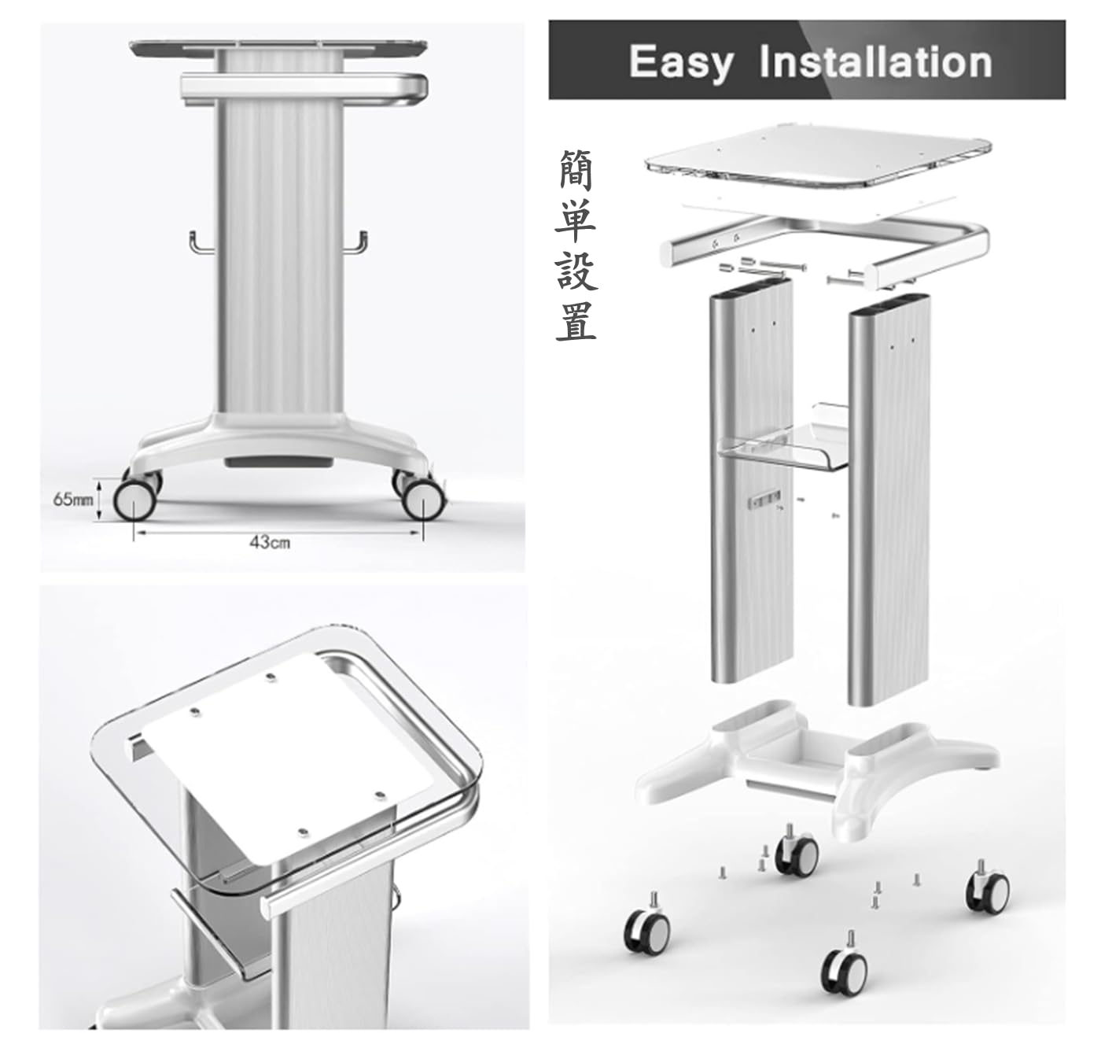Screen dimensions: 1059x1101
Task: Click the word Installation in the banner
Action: pos(875,62)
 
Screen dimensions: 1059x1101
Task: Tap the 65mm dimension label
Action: pos(72,500)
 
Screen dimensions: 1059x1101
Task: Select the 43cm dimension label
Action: pos(270,542)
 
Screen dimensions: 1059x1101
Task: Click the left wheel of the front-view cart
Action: pos(134,500)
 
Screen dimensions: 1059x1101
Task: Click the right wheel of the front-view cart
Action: pos(422,500)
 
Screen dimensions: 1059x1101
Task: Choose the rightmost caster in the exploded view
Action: pos(988,889)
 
